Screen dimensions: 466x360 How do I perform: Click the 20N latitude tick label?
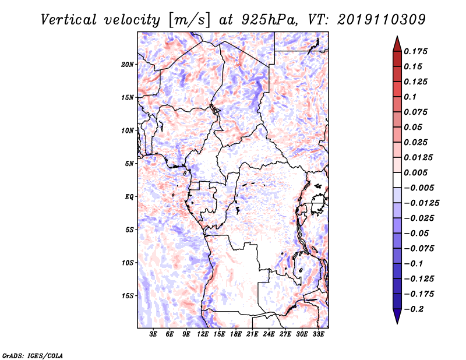tap(127, 65)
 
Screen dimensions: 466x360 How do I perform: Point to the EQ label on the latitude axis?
tap(129, 197)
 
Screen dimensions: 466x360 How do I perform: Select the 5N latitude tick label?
tap(129, 164)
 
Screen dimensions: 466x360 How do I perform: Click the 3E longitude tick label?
tap(153, 334)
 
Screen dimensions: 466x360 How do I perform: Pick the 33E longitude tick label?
tap(318, 334)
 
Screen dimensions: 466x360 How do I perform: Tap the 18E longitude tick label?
tap(236, 334)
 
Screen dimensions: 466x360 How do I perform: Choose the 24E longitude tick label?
tap(269, 334)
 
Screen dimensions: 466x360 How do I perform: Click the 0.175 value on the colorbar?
tap(415, 51)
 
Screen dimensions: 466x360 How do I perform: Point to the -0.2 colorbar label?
tap(414, 309)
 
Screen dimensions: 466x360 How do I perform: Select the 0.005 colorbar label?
tap(415, 172)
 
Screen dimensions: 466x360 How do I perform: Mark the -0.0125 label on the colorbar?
tap(421, 203)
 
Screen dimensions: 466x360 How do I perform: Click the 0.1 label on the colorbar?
tap(410, 97)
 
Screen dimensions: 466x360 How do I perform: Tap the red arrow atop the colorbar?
tap(397, 44)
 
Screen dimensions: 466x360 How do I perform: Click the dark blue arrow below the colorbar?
tap(397, 316)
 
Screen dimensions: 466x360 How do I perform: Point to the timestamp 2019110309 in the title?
tap(382, 20)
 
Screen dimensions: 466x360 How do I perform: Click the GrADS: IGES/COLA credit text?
tap(33, 355)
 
